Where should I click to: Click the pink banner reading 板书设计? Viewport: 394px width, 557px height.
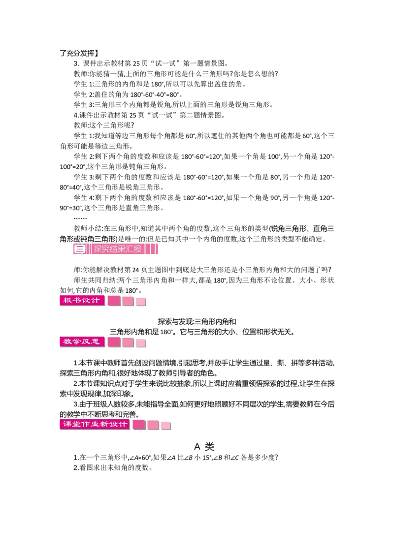point(82,301)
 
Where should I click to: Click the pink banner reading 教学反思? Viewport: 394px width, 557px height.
point(82,342)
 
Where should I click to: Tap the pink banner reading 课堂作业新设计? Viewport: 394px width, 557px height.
point(95,424)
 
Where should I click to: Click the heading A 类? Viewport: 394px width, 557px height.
point(204,446)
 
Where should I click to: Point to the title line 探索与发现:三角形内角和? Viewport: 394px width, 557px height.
point(197,321)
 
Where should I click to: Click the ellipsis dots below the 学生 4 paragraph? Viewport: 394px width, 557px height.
point(80,218)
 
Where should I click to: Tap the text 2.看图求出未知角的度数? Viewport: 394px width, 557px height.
point(113,467)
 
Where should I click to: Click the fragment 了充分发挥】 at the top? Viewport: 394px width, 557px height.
point(79,53)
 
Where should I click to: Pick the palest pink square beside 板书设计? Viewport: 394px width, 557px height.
point(141,302)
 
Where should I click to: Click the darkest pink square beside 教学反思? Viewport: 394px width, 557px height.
point(114,342)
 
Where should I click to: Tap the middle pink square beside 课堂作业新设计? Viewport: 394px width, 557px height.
point(153,425)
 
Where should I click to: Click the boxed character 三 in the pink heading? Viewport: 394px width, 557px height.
point(80,249)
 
